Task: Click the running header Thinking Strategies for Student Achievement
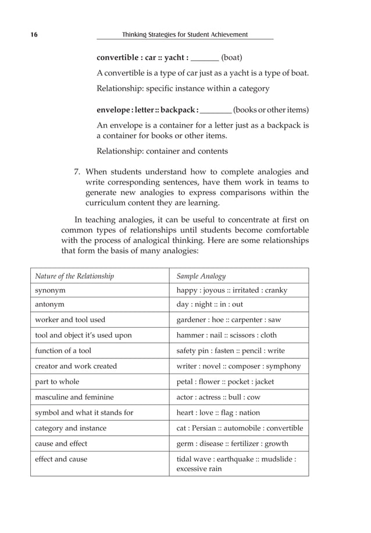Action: pyautogui.click(x=185, y=35)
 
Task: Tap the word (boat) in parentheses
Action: pyautogui.click(x=232, y=58)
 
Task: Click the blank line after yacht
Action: pyautogui.click(x=205, y=59)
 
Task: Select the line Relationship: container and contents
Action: pyautogui.click(x=162, y=151)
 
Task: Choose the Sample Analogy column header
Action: pyautogui.click(x=201, y=276)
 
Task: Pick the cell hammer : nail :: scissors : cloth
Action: pyautogui.click(x=227, y=335)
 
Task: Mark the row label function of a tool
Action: pyautogui.click(x=63, y=350)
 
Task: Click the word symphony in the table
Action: pyautogui.click(x=283, y=366)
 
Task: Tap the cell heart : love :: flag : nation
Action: pyautogui.click(x=218, y=413)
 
